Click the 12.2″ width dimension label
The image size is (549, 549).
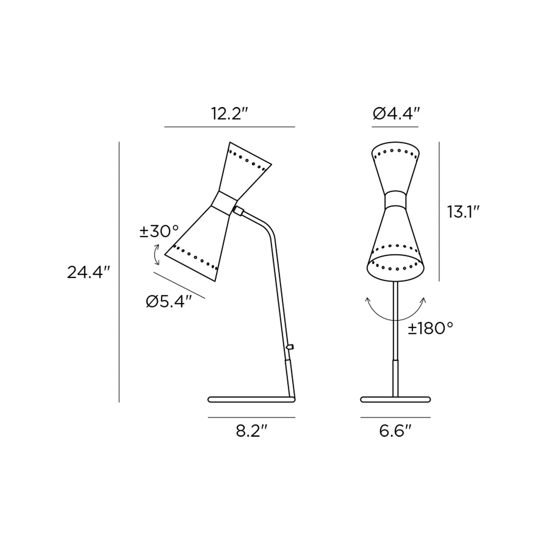click(230, 113)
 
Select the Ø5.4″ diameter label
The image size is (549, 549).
click(169, 302)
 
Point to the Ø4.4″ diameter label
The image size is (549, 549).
click(396, 113)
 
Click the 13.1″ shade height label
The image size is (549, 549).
click(461, 212)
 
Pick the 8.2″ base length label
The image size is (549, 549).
click(252, 431)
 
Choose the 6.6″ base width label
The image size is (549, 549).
click(396, 431)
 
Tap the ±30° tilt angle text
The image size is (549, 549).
click(159, 231)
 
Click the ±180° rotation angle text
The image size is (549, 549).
click(431, 328)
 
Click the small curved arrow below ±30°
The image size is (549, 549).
click(157, 255)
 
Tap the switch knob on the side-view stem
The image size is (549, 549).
click(291, 346)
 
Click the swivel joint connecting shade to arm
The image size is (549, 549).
click(239, 211)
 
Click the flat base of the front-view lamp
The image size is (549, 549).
click(396, 399)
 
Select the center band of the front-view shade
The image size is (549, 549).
click(396, 199)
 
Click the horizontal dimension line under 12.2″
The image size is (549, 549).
click(229, 127)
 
